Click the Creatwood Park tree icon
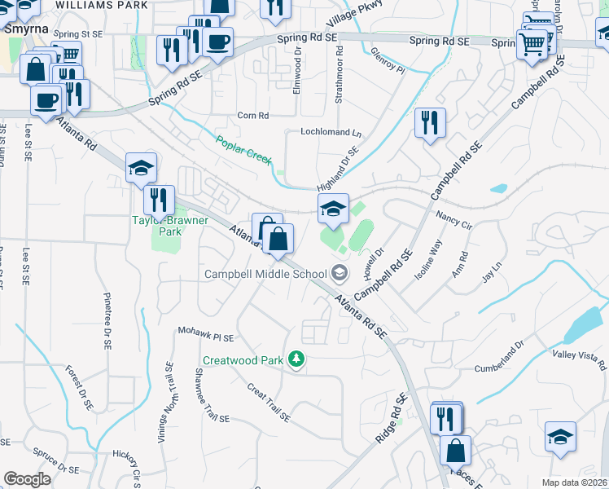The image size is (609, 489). (298, 359)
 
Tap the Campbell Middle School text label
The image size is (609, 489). (265, 274)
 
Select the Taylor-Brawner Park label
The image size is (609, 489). (170, 226)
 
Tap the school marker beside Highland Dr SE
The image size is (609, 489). (332, 209)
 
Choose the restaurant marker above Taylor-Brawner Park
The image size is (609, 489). (158, 199)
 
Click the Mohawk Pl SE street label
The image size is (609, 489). (205, 335)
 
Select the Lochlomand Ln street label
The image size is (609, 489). (330, 132)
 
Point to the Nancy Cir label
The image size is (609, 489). (454, 218)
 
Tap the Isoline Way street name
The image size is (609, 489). (428, 260)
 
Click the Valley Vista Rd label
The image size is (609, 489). (580, 355)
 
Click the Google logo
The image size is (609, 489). (27, 479)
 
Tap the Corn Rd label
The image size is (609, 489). (252, 116)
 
